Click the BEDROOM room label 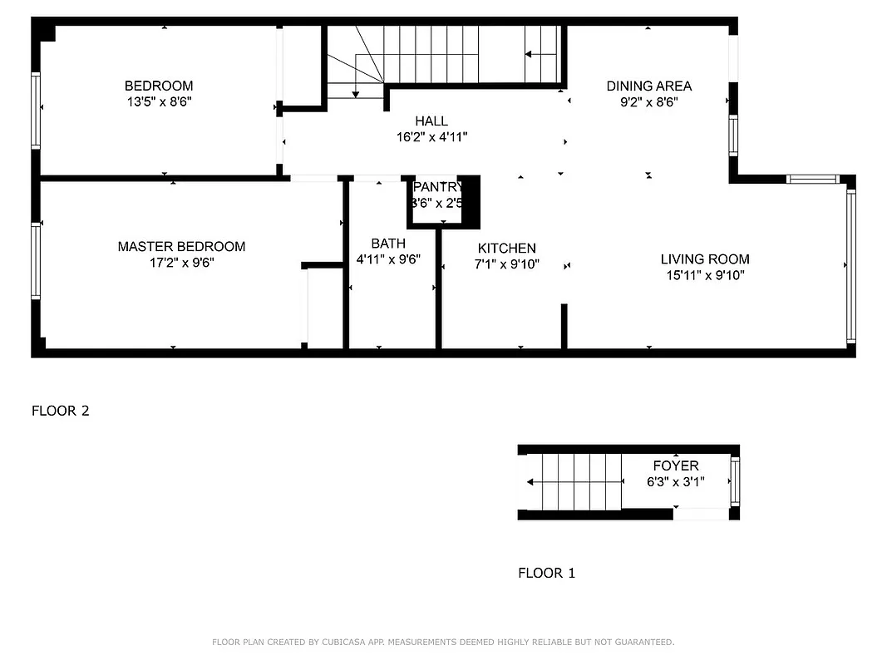click(x=159, y=86)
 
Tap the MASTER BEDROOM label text click(x=181, y=247)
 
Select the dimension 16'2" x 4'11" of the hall click(x=431, y=137)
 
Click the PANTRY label click(x=437, y=187)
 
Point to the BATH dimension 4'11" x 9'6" click(x=388, y=259)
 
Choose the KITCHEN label click(x=506, y=249)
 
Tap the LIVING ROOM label click(x=705, y=259)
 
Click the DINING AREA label click(x=648, y=86)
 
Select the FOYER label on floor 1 click(x=675, y=466)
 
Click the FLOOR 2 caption click(x=60, y=411)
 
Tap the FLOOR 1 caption click(x=546, y=573)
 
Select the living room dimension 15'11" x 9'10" click(x=705, y=275)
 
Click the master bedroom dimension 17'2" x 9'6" click(x=181, y=263)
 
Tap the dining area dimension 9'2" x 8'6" click(x=648, y=102)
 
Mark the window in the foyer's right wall click(x=734, y=482)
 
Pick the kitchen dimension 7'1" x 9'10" click(x=506, y=264)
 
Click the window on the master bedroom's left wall click(x=36, y=260)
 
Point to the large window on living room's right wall click(x=850, y=266)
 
